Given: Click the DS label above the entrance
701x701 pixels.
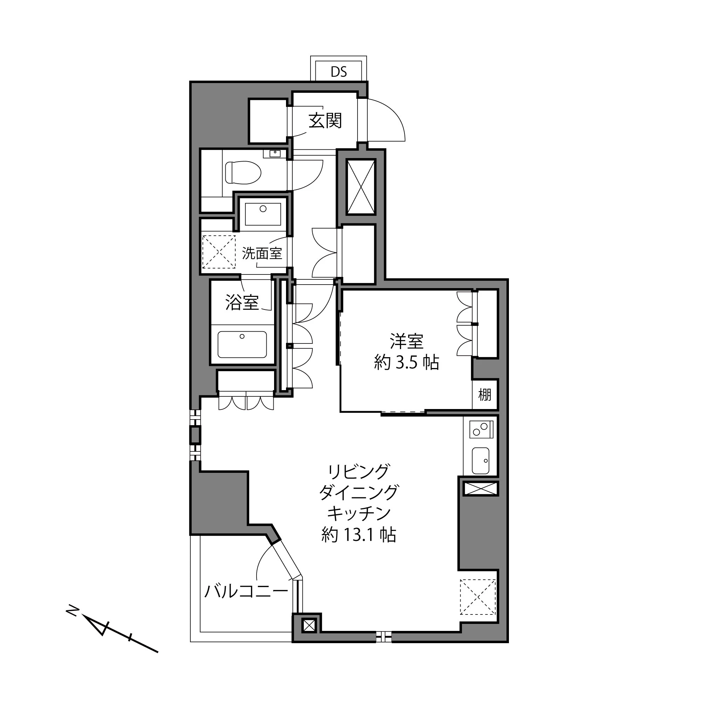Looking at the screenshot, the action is pos(339,72).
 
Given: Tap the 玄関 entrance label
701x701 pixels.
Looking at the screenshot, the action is pos(325,121).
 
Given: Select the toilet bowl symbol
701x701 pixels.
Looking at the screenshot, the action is pos(243,173).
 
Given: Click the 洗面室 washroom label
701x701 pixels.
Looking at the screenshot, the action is pos(262,253).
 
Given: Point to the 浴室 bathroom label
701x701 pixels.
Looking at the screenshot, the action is pos(242,302).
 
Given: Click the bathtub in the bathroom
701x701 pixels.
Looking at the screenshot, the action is pos(242,344).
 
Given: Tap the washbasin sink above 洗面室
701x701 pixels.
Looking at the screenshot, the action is pos(263,214).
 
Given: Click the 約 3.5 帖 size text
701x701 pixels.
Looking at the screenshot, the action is pos(406,362).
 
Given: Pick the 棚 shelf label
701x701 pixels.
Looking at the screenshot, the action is pos(484,394).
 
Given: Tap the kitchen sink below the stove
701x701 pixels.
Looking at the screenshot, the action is pos(481,461).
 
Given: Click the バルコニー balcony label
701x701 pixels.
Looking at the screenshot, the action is pos(246,591).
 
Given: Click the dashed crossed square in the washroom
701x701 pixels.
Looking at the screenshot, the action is pos(219,252).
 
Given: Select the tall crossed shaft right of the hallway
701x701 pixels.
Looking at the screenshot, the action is pos(361,187).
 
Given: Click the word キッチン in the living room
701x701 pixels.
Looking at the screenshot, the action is pos(359,513).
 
